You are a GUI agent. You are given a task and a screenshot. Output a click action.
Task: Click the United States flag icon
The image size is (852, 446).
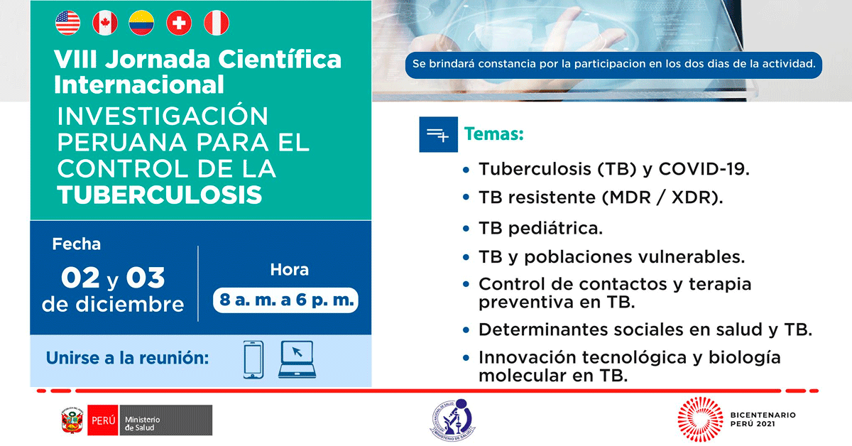[x=67, y=23]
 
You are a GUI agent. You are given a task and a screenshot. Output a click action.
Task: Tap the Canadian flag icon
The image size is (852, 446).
[x=105, y=23]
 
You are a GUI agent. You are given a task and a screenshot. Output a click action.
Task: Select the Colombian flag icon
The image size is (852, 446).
[x=141, y=23]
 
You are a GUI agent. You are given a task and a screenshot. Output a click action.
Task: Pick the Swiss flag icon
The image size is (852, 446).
[x=179, y=23]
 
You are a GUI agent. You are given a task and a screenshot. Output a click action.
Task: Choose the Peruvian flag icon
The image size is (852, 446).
[x=217, y=23]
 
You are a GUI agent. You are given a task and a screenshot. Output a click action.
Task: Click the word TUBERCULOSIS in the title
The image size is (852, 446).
[x=160, y=195]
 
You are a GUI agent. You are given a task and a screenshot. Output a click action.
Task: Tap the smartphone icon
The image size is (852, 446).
[x=253, y=359]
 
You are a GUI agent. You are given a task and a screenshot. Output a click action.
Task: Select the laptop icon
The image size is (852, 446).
[x=297, y=359]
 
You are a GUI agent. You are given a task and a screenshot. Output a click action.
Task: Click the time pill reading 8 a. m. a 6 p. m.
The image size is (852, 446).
[x=285, y=300]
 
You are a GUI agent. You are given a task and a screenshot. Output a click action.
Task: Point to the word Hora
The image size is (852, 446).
[x=290, y=270]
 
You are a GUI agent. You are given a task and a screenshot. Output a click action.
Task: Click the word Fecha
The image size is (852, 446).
[x=77, y=244]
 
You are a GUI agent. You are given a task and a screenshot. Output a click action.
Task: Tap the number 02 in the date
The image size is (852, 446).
[x=80, y=278]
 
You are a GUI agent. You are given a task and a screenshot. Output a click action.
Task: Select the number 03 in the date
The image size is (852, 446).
[x=146, y=278]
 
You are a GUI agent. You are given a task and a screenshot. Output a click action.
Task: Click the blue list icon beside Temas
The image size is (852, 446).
[x=439, y=134]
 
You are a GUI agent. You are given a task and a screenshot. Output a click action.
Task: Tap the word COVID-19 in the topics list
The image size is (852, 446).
[x=704, y=169]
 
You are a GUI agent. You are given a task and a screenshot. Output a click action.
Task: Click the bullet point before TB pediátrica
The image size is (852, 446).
[x=466, y=229]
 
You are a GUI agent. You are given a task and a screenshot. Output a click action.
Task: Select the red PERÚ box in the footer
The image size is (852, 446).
[x=103, y=420]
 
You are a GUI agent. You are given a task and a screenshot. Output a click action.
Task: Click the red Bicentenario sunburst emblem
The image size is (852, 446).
[x=700, y=419]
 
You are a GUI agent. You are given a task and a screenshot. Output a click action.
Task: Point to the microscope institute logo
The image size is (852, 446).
[x=453, y=420]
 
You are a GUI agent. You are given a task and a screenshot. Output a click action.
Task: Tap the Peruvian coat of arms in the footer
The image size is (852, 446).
[x=72, y=420]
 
